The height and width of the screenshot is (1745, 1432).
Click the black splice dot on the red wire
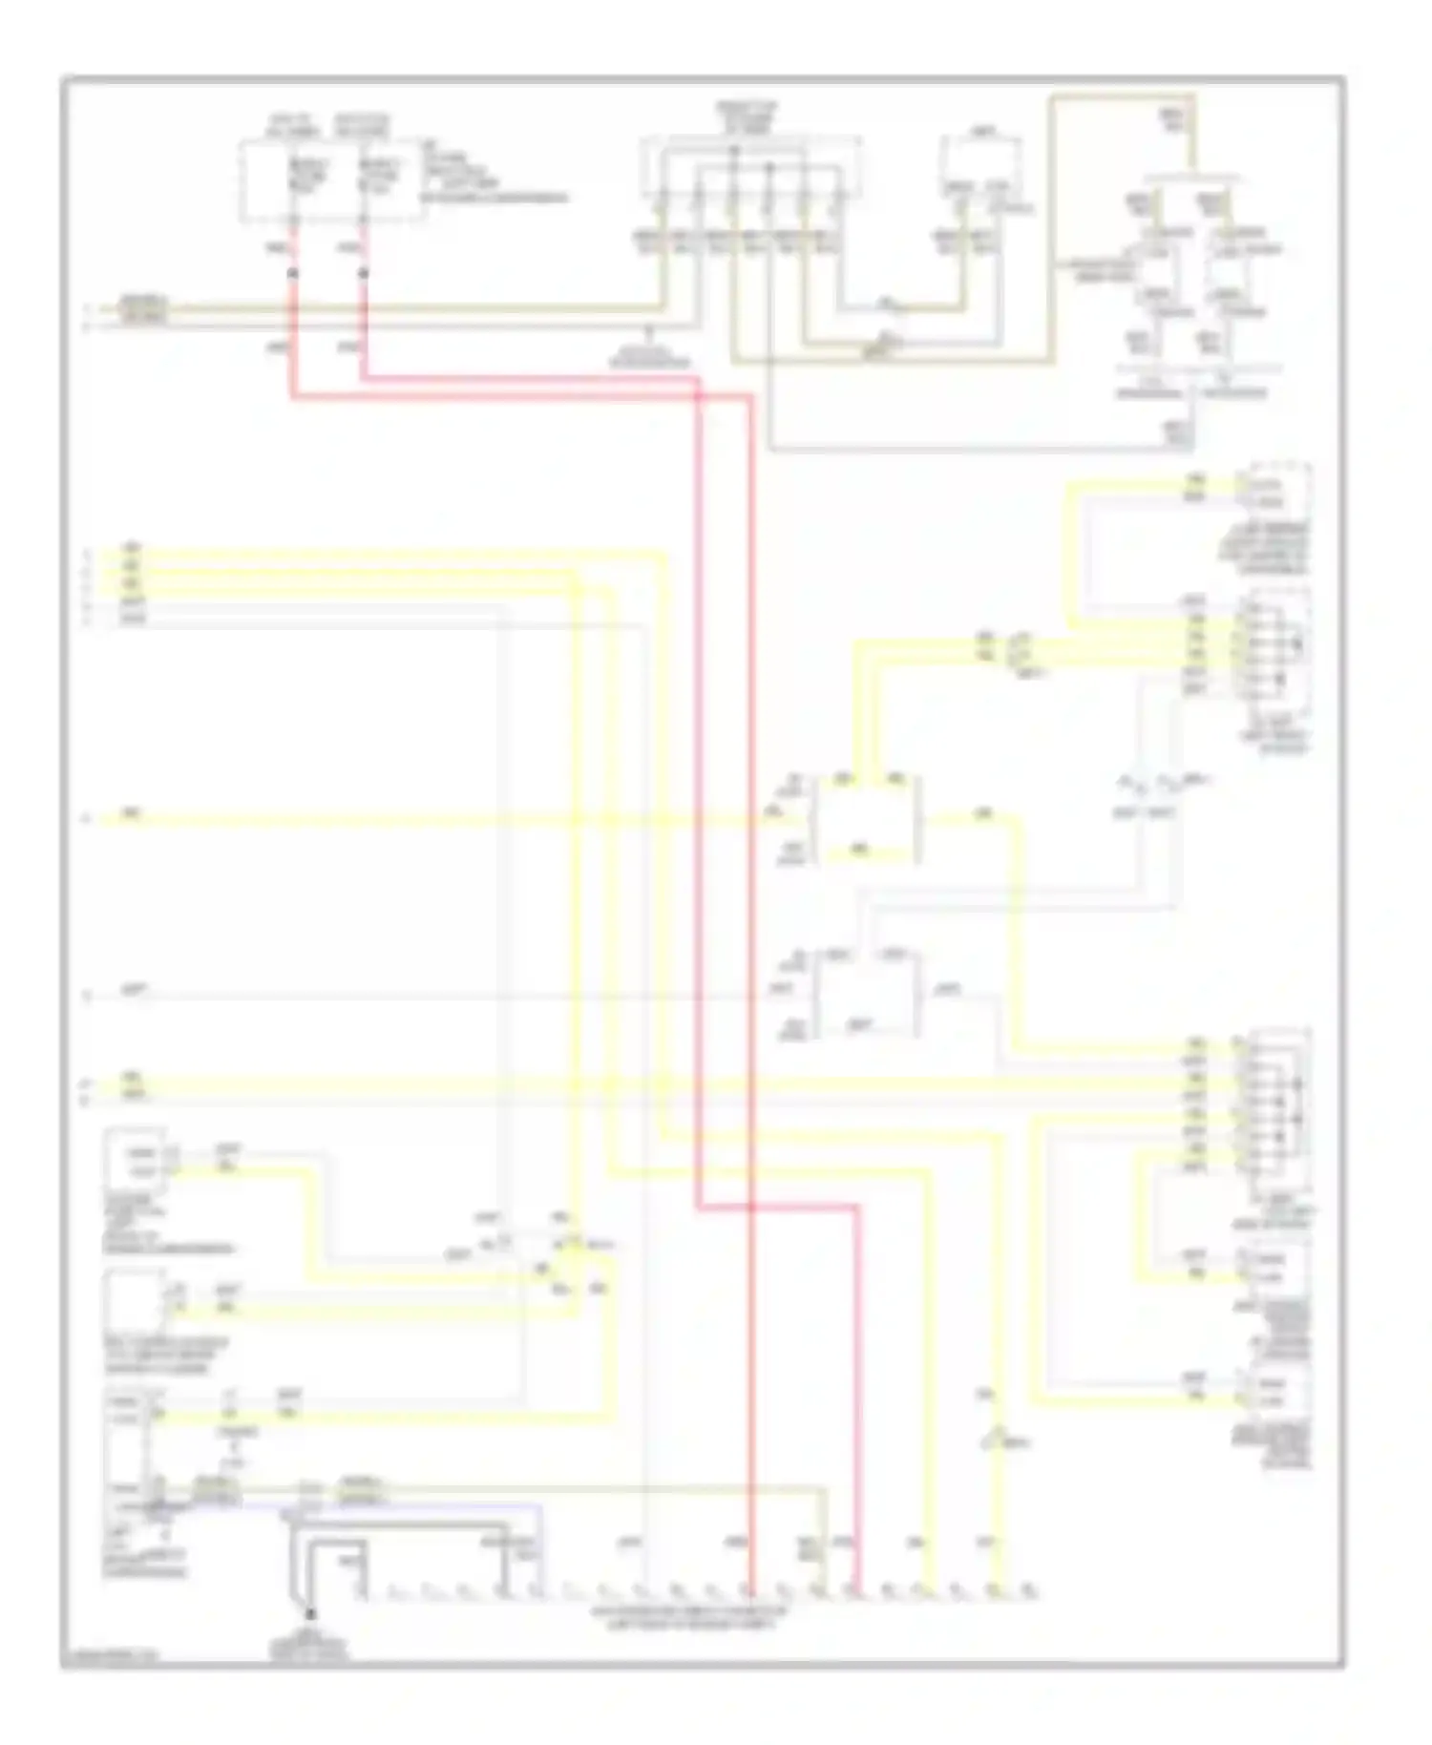pyautogui.click(x=293, y=273)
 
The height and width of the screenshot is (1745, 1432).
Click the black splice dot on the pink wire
pyautogui.click(x=364, y=273)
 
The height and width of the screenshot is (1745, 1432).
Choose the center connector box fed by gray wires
pyautogui.click(x=864, y=993)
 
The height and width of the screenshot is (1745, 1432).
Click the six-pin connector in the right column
pyautogui.click(x=1275, y=644)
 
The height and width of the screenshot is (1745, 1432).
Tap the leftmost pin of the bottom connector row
pyautogui.click(x=360, y=1591)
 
